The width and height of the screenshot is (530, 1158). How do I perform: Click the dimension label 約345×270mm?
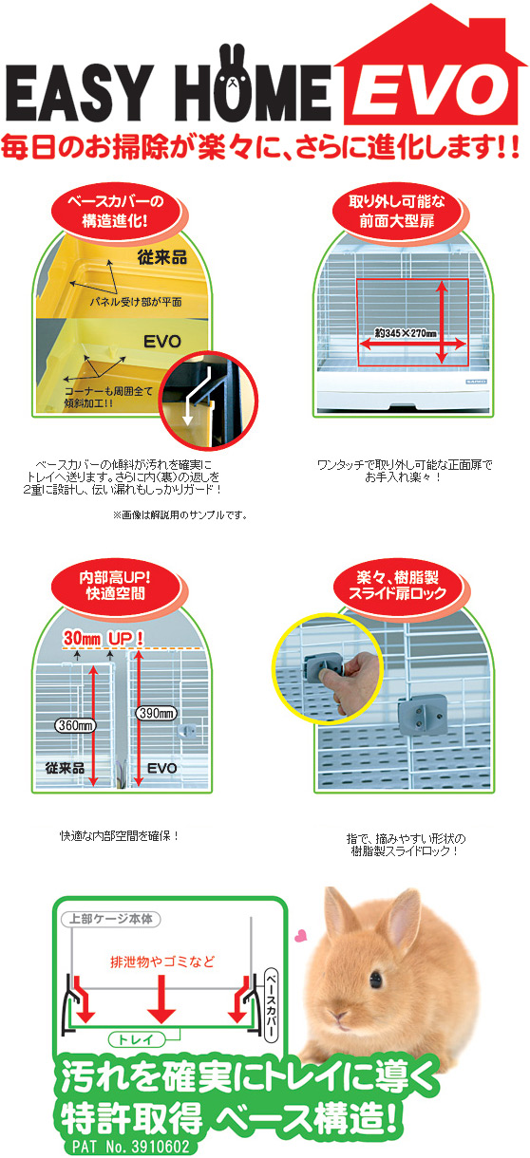coord(393,333)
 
